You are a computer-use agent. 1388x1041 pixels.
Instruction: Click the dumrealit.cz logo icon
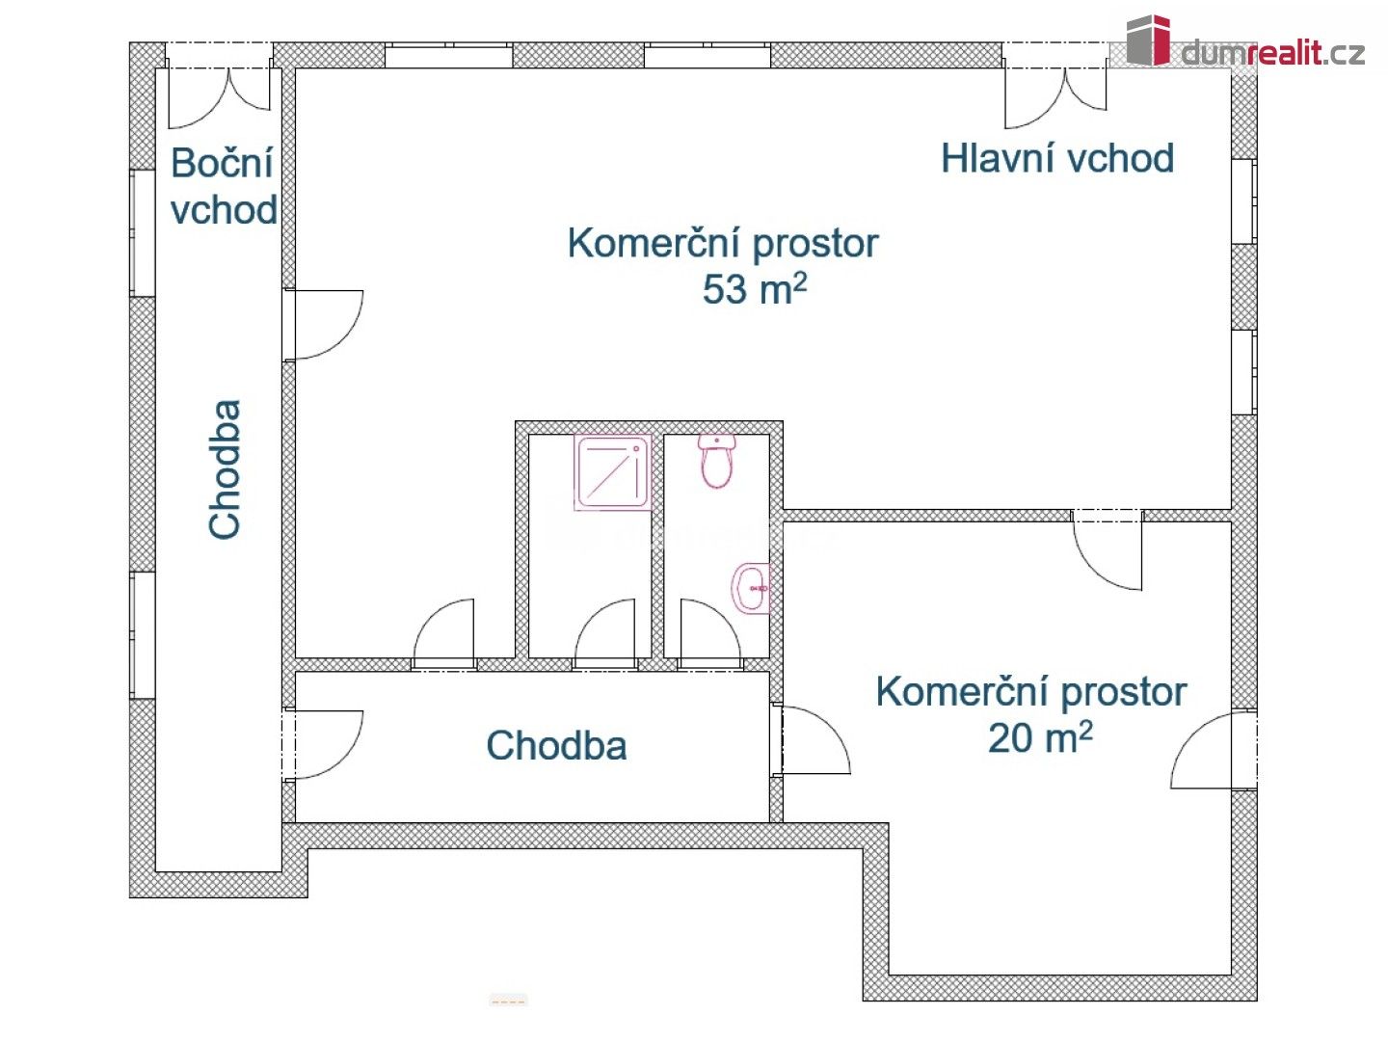coord(1148,40)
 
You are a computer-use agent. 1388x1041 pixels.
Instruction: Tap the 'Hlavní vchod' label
coord(1056,159)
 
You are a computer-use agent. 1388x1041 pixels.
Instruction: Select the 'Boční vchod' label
coord(224,186)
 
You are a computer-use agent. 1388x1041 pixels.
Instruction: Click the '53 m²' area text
coord(754,288)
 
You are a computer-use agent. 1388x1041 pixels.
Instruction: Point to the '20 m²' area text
coord(1039,737)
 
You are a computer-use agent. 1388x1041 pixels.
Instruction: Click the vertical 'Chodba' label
coord(225,469)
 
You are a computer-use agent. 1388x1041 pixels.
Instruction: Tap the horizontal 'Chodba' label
coord(556,745)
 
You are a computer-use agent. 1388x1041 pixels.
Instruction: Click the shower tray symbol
coord(612,472)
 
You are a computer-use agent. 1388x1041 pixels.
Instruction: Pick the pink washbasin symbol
coord(753,588)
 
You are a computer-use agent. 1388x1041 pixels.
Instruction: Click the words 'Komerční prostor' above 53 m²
coord(722,243)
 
